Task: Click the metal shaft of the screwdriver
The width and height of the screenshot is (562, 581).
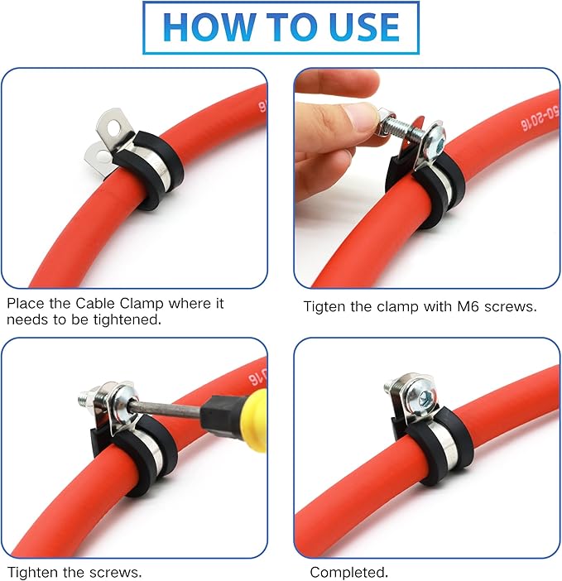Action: point(166,406)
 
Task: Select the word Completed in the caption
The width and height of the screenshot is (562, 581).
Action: point(348,572)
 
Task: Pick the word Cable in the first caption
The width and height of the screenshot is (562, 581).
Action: point(91,304)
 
